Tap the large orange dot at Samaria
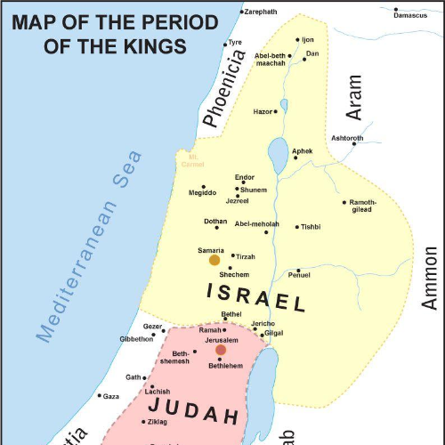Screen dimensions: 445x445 coord(214,260)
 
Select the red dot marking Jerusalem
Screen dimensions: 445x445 coord(221,350)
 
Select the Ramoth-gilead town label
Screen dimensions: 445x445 coord(363,206)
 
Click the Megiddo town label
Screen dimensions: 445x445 coord(202,192)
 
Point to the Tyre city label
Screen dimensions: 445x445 coord(235,42)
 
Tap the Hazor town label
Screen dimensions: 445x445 coord(263,111)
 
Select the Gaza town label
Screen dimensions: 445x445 coord(110,396)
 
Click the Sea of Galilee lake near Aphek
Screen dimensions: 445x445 coord(278,154)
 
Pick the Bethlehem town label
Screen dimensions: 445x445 coord(225,366)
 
